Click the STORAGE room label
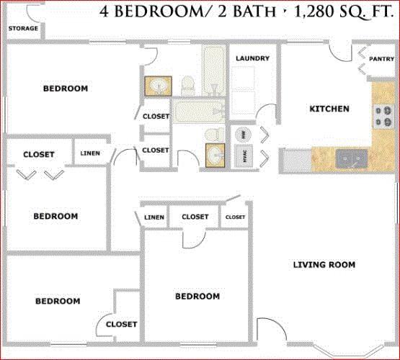(23, 28)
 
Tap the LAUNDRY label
(252, 58)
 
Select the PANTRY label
(382, 59)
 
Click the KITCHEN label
(329, 109)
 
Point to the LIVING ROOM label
(324, 265)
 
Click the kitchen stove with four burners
(383, 117)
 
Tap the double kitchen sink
(352, 159)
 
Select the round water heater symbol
(243, 134)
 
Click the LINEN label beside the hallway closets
(154, 217)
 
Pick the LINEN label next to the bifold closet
(90, 153)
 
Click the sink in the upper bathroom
(158, 86)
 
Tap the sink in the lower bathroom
(215, 156)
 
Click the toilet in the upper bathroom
(188, 86)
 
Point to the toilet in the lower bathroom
(214, 134)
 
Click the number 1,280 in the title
(314, 12)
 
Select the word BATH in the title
(254, 12)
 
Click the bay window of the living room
(349, 351)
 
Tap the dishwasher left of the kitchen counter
(297, 161)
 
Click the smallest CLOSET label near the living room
(235, 217)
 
